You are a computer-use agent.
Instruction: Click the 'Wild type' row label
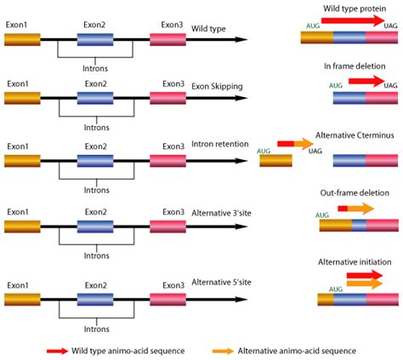(x=207, y=28)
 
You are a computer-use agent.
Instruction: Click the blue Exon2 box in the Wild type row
(x=94, y=39)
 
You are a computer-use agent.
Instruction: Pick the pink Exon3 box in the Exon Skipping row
(x=167, y=99)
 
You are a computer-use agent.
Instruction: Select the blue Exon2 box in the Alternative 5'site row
(x=94, y=298)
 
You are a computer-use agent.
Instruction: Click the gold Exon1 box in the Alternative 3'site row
(x=22, y=227)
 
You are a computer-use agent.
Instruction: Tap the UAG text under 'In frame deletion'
(x=390, y=85)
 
